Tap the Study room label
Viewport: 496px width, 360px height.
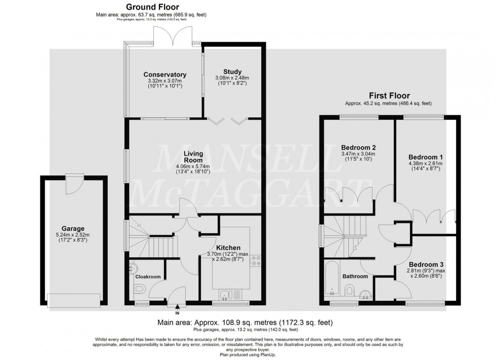(x=232, y=71)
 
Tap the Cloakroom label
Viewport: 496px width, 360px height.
(x=147, y=277)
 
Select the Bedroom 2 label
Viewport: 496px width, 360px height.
(x=358, y=147)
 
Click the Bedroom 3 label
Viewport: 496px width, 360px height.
(x=426, y=264)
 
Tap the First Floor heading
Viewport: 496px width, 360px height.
(x=389, y=95)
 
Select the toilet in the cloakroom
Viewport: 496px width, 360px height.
(x=140, y=290)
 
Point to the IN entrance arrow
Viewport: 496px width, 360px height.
(x=177, y=306)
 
